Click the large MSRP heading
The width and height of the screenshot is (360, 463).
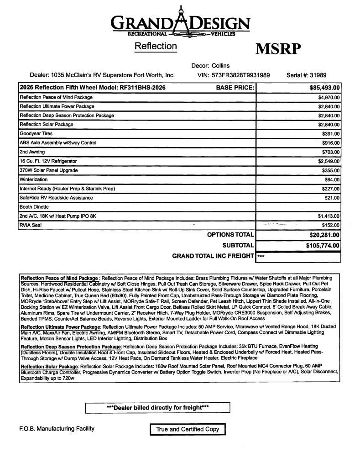pos(278,49)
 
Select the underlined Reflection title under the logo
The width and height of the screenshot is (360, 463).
pos(155,46)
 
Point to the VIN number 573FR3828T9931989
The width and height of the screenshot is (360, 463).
pos(240,75)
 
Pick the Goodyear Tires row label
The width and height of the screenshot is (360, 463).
pos(36,134)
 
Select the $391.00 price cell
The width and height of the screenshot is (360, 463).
pos(331,134)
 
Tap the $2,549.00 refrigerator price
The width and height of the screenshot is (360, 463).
pos(329,161)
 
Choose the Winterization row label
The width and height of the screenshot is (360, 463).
pos(33,179)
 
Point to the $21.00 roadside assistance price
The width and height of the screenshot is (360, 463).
pos(332,198)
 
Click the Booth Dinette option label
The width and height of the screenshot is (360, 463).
pos(34,207)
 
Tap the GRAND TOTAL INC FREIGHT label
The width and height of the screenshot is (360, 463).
pos(213,256)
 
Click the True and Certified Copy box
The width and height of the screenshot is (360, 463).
pos(188,429)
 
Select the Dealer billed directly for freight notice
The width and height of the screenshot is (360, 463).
pos(157,407)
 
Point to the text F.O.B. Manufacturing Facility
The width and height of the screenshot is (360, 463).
pos(57,429)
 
